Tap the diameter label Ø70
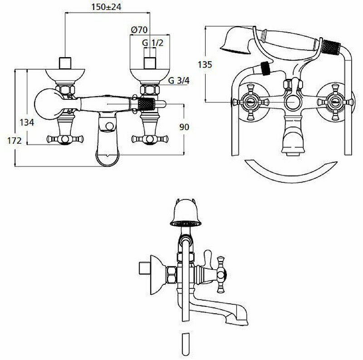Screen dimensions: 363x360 [139, 30]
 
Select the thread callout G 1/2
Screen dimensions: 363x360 [152, 43]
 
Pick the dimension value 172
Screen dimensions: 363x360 [15, 141]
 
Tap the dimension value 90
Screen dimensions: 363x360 [184, 127]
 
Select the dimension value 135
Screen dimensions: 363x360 [205, 64]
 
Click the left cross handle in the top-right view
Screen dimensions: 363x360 [250, 102]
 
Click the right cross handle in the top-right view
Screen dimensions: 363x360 [335, 102]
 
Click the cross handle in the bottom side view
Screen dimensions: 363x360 [221, 273]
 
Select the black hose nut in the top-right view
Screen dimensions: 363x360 [266, 68]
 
